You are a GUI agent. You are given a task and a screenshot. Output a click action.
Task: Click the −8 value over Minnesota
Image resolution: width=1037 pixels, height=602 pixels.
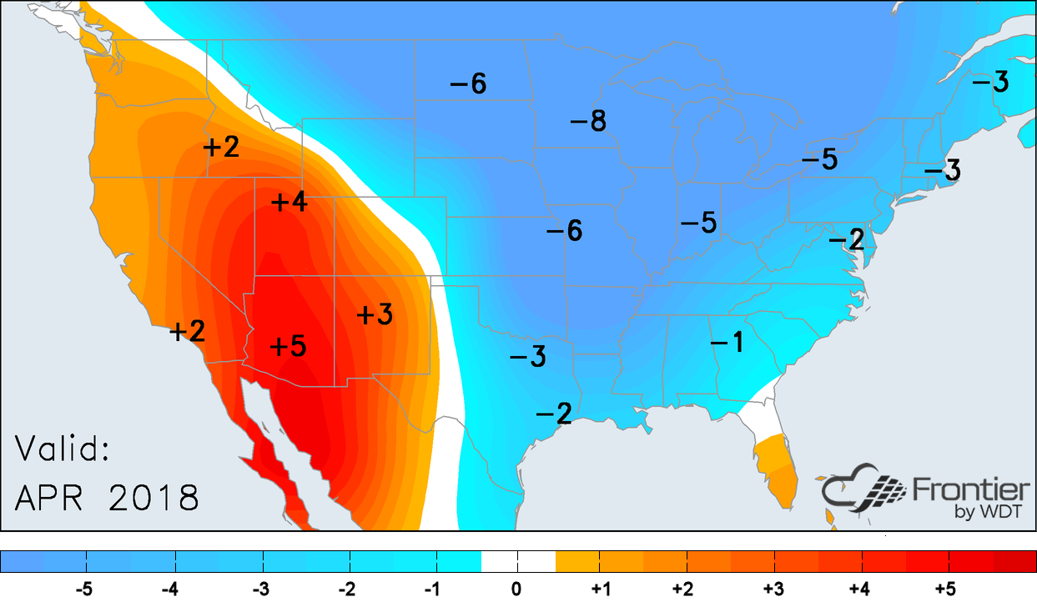(587, 122)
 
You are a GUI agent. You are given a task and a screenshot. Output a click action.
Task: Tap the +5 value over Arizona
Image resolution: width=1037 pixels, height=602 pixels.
(288, 345)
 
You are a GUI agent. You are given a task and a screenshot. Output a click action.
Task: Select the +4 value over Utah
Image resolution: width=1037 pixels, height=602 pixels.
(289, 203)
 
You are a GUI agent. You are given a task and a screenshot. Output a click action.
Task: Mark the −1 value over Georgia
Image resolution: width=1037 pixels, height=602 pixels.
(727, 341)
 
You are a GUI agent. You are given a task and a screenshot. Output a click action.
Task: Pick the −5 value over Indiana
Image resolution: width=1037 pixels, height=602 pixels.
(698, 223)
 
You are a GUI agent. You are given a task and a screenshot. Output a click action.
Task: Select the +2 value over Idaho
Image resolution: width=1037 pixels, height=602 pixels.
(221, 148)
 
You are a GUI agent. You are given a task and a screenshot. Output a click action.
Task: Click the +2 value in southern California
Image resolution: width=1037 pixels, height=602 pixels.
(188, 331)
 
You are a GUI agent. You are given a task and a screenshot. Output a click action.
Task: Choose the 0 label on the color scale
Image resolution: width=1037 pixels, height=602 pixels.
(517, 589)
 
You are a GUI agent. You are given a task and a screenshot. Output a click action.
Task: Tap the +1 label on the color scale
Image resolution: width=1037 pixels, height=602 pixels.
(601, 589)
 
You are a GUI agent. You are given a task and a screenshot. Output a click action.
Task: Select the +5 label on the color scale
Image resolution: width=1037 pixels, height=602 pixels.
(945, 589)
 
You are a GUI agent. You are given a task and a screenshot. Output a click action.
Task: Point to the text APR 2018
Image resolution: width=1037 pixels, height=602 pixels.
(107, 498)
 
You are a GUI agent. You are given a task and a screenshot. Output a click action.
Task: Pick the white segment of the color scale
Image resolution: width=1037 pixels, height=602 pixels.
(518, 561)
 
